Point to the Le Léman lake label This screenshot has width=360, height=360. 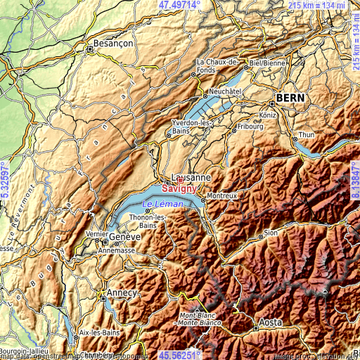[162, 204]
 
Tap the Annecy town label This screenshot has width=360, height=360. [122, 292]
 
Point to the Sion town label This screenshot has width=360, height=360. [271, 232]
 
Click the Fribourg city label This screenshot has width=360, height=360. [249, 128]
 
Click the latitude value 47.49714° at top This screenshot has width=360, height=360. [179, 5]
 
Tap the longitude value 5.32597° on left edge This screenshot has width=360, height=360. [5, 181]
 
